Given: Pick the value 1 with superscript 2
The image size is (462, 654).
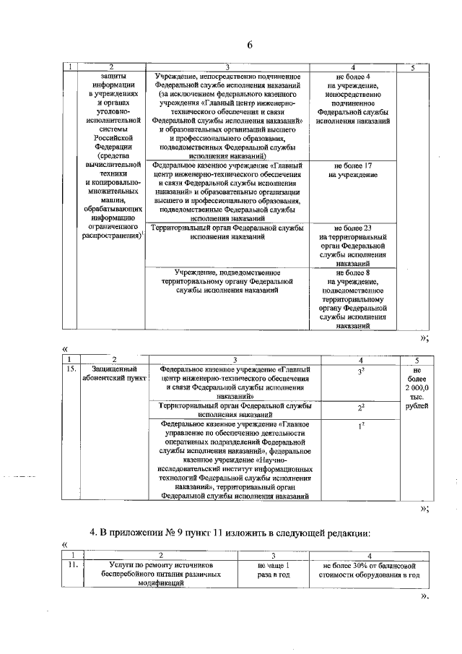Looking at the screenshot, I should pyautogui.click(x=360, y=427).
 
